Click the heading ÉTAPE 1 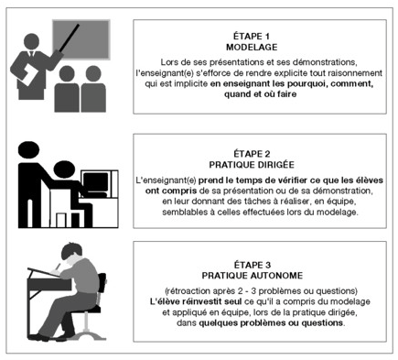[x=252, y=37]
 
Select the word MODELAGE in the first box [x=252, y=47]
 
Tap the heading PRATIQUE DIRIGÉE [x=252, y=165]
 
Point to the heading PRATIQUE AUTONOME [x=253, y=276]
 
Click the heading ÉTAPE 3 [x=253, y=265]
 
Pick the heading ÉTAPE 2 [x=252, y=154]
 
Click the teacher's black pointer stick [x=70, y=38]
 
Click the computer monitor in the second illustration [x=95, y=182]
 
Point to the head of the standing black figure [x=28, y=150]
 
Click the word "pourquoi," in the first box [x=307, y=83]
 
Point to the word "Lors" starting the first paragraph [x=168, y=62]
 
